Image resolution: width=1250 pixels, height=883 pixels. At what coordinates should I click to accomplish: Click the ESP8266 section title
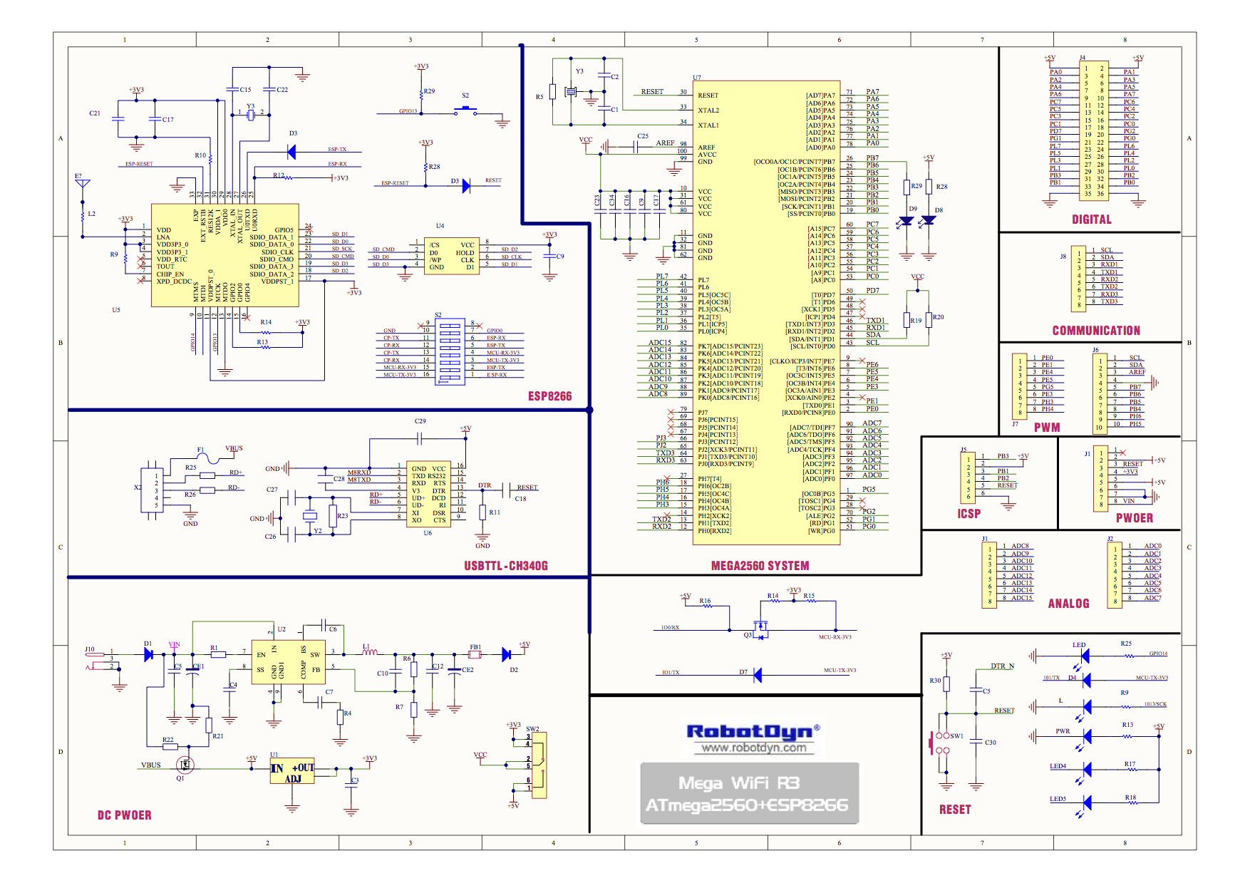549,396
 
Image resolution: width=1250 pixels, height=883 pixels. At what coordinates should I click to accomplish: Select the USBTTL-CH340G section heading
506,566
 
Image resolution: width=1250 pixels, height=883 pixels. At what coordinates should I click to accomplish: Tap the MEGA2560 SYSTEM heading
760,566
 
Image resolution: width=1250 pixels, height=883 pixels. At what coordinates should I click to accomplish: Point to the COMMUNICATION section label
1096,331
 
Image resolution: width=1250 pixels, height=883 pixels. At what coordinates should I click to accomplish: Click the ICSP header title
969,514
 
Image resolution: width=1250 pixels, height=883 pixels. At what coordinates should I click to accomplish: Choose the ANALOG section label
1068,604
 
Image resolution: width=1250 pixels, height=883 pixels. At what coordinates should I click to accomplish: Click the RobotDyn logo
753,732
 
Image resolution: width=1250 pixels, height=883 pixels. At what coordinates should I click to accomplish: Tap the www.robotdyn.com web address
754,748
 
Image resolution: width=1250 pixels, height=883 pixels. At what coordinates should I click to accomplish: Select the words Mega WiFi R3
739,783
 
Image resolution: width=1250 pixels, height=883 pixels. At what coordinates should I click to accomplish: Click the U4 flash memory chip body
451,256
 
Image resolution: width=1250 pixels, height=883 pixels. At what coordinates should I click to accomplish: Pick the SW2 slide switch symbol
539,765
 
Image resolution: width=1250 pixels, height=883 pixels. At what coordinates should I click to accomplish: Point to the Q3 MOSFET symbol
760,629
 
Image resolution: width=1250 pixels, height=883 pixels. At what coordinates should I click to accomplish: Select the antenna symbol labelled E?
83,184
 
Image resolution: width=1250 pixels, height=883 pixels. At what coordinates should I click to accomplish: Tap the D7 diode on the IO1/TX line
757,675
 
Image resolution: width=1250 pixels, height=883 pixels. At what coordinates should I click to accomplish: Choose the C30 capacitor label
990,743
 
